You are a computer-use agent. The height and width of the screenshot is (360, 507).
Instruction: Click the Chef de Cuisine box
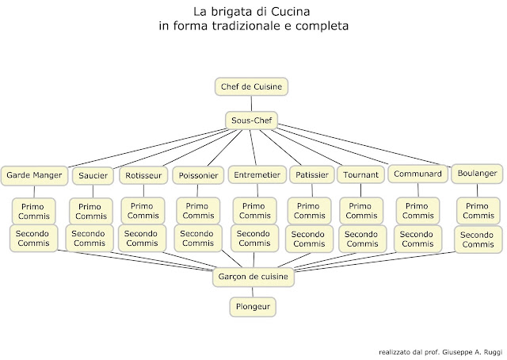(252, 86)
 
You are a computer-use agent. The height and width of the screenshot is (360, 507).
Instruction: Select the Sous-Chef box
(252, 121)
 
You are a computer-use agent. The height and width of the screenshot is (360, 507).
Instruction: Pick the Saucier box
(93, 174)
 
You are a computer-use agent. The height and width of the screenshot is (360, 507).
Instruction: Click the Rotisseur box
(143, 174)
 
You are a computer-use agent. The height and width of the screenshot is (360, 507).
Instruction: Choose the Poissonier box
(196, 174)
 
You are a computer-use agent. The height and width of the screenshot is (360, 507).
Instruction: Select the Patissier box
(310, 174)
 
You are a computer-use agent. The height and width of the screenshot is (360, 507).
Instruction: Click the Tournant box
(360, 174)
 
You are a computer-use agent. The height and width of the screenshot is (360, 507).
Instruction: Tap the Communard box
(417, 174)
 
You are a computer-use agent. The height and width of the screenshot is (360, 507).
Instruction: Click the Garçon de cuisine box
(252, 277)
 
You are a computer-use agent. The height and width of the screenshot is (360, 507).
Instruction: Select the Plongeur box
(252, 305)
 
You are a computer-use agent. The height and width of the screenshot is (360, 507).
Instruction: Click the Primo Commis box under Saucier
(93, 211)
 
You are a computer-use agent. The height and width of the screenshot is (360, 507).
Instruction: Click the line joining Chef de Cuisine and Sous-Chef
(252, 103)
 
